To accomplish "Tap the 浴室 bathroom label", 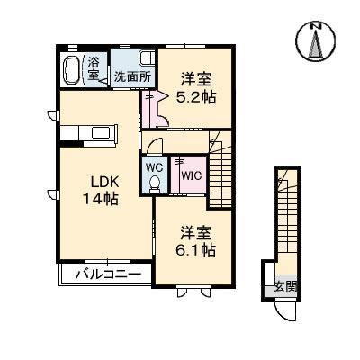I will coord(94,68).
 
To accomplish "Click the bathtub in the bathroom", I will coord(72,69).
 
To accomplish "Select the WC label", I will coord(153,166).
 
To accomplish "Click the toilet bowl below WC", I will coord(153,184).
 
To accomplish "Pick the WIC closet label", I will coord(192,176).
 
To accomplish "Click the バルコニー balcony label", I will coord(101,274).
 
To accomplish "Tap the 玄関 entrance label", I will coord(286,287).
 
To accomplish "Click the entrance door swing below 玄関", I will coord(284,309).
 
